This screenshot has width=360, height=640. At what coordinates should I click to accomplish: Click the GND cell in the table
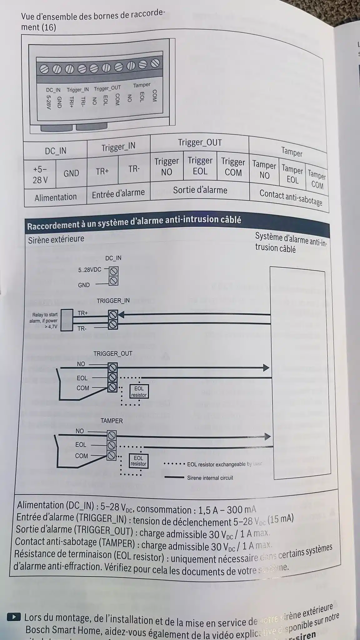tap(71, 173)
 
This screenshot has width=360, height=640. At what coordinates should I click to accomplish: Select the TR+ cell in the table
tap(102, 171)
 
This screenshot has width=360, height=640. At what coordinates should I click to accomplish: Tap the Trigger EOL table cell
tap(200, 166)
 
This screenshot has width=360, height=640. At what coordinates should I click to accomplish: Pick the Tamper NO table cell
tap(264, 170)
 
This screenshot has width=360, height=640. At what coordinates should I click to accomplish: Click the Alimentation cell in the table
tap(56, 197)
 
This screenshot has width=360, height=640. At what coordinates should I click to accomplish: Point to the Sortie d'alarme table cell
tap(200, 190)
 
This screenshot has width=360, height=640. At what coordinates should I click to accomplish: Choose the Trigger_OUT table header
tap(200, 142)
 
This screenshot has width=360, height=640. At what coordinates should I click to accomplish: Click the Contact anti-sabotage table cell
tap(291, 197)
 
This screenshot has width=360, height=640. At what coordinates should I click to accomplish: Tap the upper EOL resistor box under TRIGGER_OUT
tap(139, 392)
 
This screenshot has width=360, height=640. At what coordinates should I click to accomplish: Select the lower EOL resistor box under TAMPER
tap(138, 461)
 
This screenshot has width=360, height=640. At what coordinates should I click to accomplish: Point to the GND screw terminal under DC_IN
tap(114, 281)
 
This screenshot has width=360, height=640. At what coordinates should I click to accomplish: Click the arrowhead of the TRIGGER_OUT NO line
tap(266, 367)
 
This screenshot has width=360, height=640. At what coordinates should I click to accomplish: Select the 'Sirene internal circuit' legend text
tap(210, 478)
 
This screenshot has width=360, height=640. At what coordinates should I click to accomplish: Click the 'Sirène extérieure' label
tap(56, 239)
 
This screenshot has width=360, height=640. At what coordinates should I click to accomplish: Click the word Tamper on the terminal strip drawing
tap(142, 85)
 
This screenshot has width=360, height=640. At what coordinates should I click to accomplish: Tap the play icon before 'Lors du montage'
tap(14, 617)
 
